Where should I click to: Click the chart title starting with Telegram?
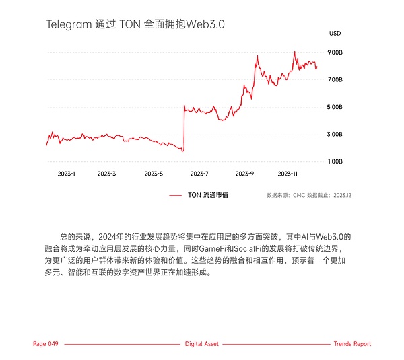[x=135, y=24]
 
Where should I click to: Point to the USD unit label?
[x=335, y=33]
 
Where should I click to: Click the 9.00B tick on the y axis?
[x=335, y=52]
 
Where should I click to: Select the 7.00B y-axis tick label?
[x=335, y=79]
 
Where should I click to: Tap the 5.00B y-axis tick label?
[x=335, y=107]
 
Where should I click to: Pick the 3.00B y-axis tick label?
[x=335, y=135]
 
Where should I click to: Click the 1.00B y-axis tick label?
[x=335, y=161]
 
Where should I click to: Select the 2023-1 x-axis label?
[x=66, y=174]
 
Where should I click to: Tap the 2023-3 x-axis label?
[x=106, y=174]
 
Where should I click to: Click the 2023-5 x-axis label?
[x=154, y=174]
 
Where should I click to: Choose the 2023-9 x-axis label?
[x=244, y=174]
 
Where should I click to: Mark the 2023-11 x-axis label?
[x=288, y=174]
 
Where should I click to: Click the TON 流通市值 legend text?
[x=207, y=195]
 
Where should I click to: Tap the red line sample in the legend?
[x=176, y=195]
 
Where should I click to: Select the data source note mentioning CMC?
[x=309, y=195]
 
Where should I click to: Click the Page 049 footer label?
[x=46, y=344]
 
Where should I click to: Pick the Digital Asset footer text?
[x=201, y=344]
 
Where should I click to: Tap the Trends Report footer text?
[x=352, y=344]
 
